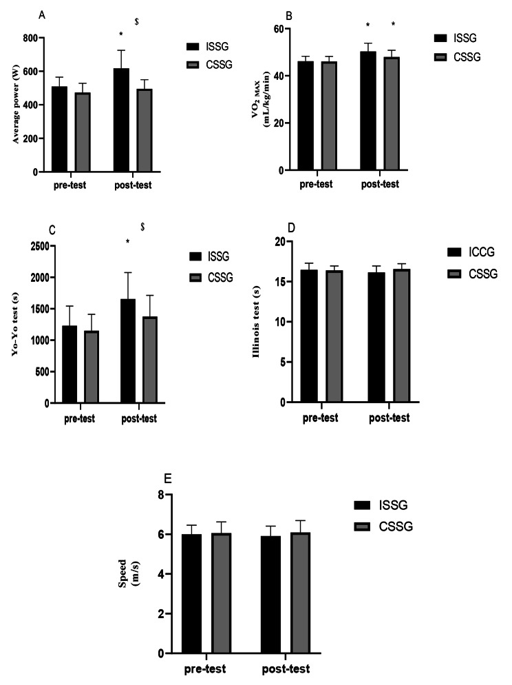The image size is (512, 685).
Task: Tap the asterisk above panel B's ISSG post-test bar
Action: point(368,26)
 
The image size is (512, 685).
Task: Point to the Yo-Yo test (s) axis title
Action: point(14,324)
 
